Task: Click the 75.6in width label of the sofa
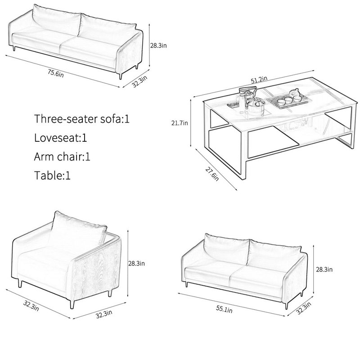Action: point(56,73)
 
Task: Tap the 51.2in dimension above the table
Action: point(259,80)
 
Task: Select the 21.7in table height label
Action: point(180,123)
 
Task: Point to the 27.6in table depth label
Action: point(211,174)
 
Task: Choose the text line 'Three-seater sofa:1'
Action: point(82,119)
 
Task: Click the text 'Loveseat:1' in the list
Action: point(61,138)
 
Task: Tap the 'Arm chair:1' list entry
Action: point(62,157)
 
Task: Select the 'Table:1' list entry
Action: point(52,175)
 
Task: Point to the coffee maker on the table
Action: point(246,97)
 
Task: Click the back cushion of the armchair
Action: point(79,229)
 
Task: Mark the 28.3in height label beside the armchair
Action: point(136,263)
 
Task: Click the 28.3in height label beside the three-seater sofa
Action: point(158,45)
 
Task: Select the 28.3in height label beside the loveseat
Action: point(324,269)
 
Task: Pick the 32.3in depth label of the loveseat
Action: point(303,308)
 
